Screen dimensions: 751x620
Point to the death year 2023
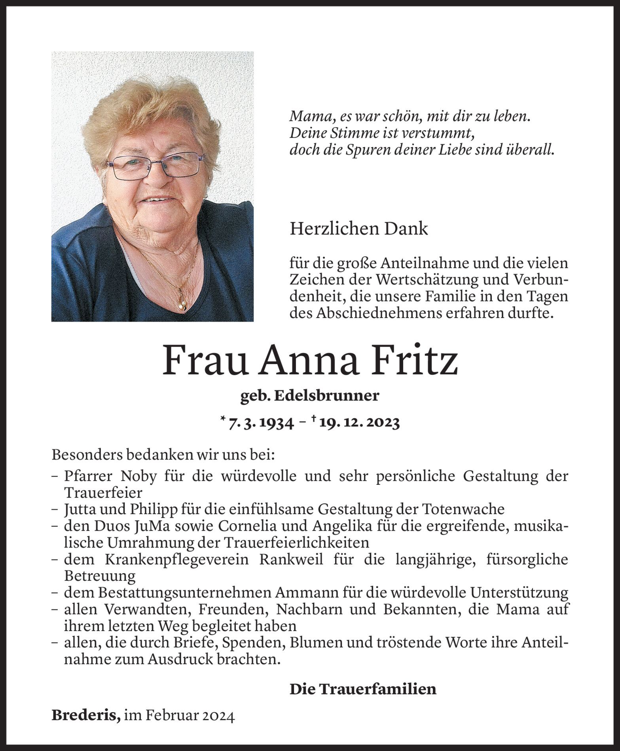tap(383, 423)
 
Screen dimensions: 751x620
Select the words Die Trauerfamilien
tap(363, 689)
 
